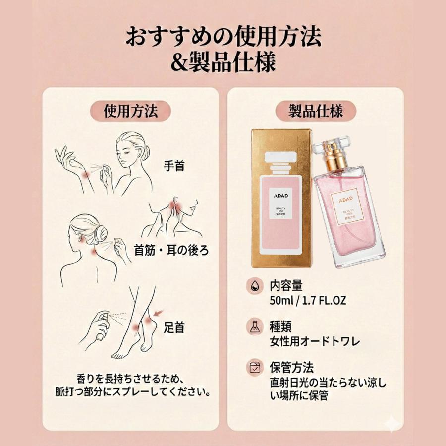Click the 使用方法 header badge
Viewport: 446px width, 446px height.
[130, 111]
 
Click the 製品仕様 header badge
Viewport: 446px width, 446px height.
[316, 111]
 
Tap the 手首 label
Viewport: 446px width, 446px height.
[174, 166]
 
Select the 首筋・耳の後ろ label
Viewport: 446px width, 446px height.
[172, 250]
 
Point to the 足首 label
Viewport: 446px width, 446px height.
[174, 327]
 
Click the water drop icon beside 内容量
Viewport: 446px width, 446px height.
[253, 286]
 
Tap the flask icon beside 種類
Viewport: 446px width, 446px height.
[253, 327]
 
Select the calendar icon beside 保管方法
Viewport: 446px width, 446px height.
[253, 368]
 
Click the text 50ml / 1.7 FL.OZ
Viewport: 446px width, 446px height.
[308, 300]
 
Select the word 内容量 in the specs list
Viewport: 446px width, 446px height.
[286, 286]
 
